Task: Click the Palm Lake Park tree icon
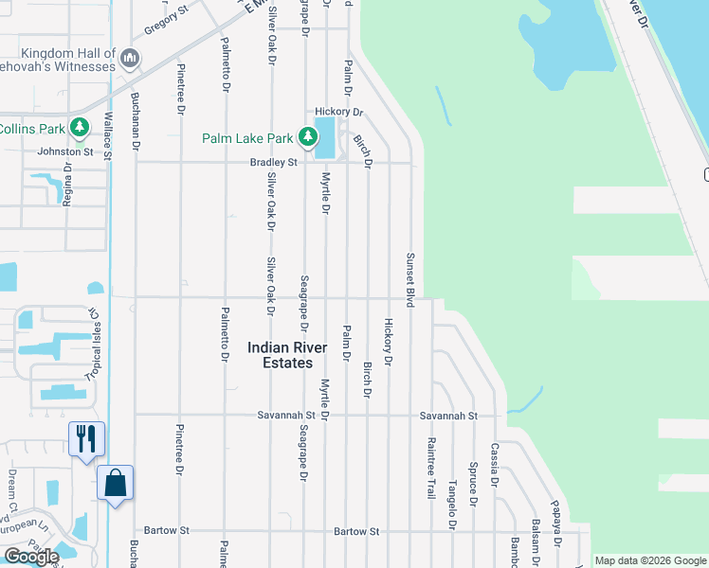tap(307, 138)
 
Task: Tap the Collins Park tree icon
tap(81, 128)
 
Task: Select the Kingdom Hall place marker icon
tap(130, 61)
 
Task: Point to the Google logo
tap(30, 557)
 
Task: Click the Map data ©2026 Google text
tap(650, 560)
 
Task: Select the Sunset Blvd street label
tap(410, 279)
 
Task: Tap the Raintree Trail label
tap(430, 468)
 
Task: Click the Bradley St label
tap(274, 163)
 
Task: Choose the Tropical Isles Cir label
tap(94, 345)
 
